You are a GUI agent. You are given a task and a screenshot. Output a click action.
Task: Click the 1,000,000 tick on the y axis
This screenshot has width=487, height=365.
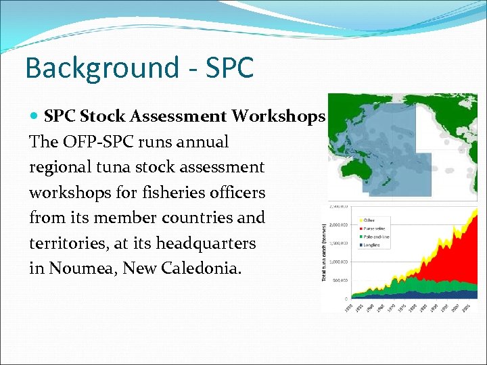coord(338,262)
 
